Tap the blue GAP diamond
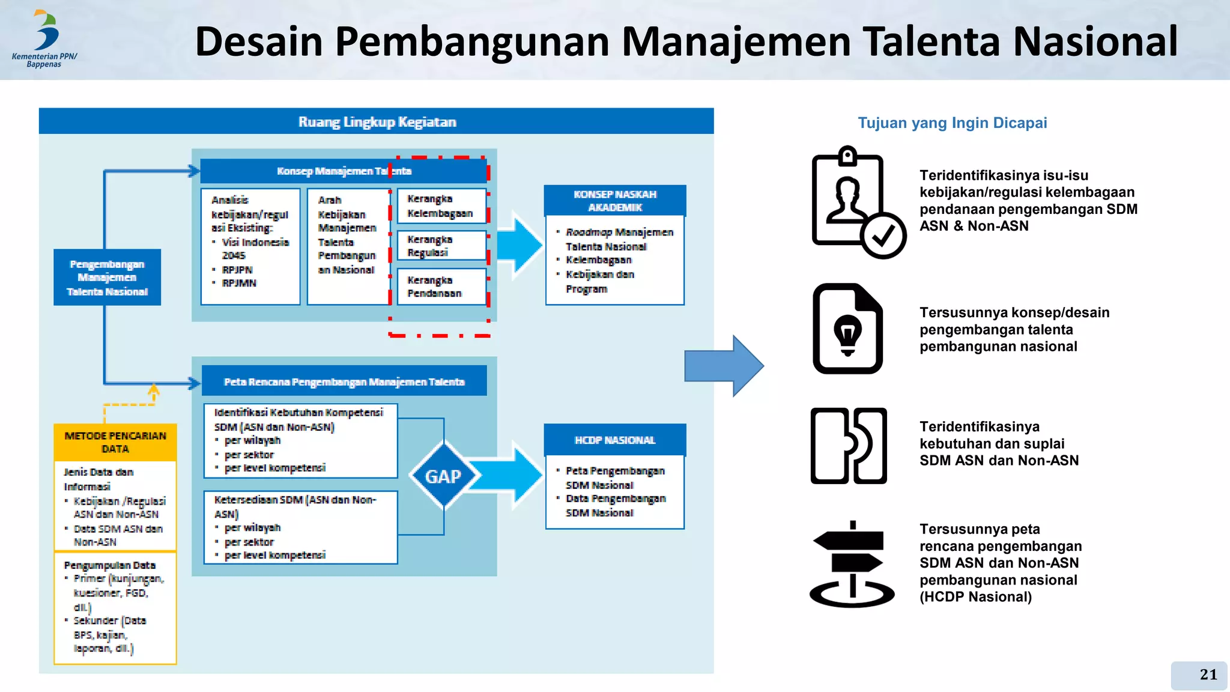(x=443, y=476)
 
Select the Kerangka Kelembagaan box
(x=440, y=205)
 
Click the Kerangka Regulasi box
(x=440, y=246)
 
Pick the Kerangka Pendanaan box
(x=440, y=287)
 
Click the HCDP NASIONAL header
(x=614, y=440)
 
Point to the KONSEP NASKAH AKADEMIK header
(x=614, y=201)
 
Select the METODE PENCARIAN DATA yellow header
(x=115, y=442)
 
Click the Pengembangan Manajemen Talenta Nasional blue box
(x=107, y=278)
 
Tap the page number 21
(x=1208, y=675)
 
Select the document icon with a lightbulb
(x=847, y=329)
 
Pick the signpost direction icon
(x=851, y=565)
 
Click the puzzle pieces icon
(x=848, y=445)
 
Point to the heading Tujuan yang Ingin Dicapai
(x=952, y=123)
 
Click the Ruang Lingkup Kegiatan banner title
(x=377, y=122)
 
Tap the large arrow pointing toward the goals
(x=724, y=366)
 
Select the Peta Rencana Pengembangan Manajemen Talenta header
(x=344, y=381)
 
